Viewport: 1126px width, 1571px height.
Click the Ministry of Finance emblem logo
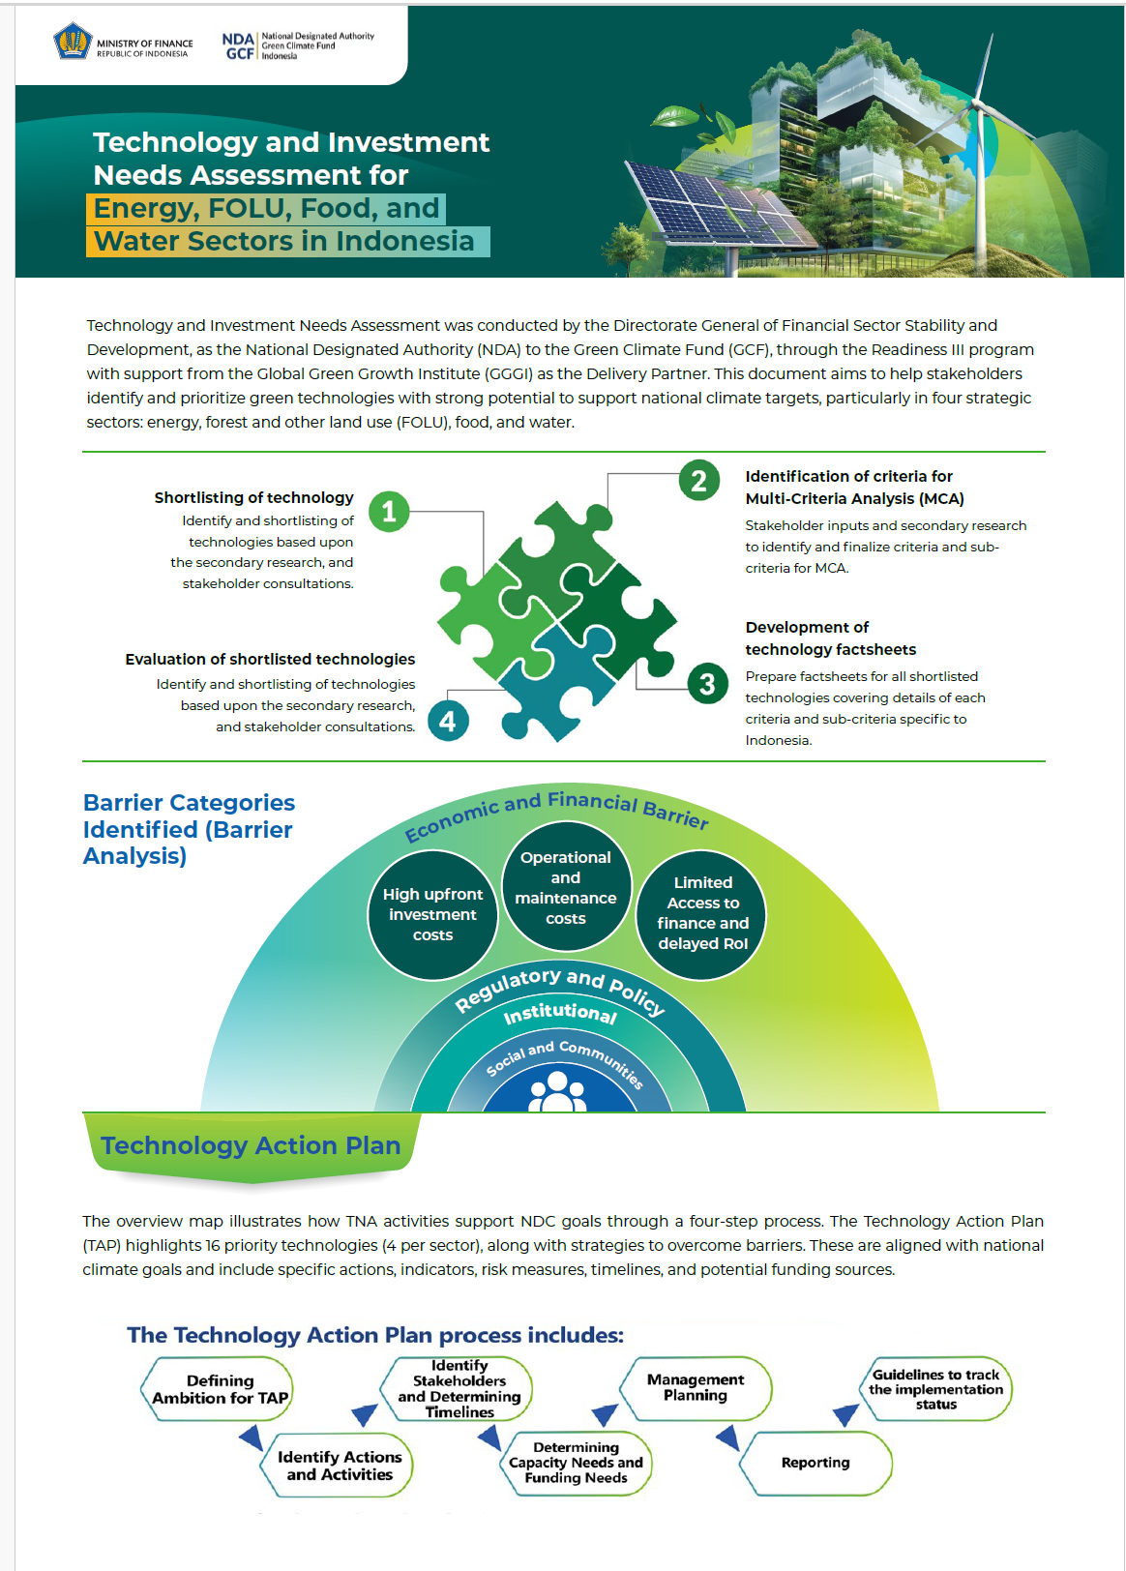point(73,43)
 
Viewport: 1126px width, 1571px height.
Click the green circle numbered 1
point(389,511)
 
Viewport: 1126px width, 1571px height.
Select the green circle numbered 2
point(698,480)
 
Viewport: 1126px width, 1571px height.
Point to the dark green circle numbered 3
point(707,684)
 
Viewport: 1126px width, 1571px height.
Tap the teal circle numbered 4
point(447,721)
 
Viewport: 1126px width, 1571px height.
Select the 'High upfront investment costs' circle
point(432,914)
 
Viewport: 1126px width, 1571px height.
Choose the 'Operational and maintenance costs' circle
point(566,887)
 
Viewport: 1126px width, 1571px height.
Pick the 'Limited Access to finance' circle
point(702,913)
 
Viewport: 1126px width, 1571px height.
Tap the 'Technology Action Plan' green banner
point(251,1146)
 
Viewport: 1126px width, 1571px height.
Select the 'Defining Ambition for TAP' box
point(221,1389)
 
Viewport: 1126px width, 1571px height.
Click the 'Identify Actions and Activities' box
point(339,1466)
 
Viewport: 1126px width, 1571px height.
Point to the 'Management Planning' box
point(696,1387)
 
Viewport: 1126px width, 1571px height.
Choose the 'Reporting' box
point(815,1463)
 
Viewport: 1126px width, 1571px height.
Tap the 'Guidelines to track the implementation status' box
point(935,1389)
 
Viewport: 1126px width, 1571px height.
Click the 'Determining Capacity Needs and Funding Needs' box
point(577,1463)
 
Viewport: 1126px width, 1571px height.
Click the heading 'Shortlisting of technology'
point(254,497)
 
